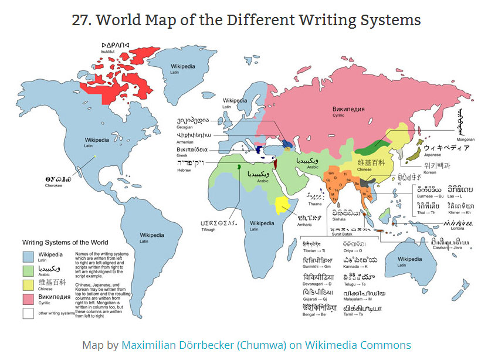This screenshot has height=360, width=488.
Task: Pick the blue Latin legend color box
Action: coord(28,256)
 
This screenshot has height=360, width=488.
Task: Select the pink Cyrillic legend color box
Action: coord(28,298)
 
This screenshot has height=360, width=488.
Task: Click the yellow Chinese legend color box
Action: coord(28,284)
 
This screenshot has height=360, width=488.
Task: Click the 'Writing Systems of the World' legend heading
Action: coord(65,242)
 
